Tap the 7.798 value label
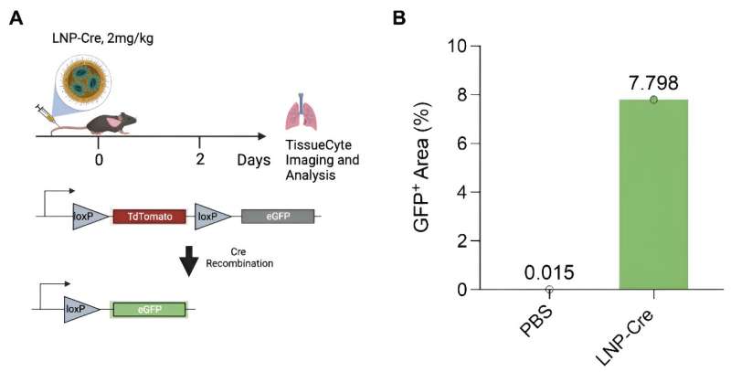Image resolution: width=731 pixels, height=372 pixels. [x=652, y=82]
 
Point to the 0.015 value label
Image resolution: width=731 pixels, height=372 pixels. [x=549, y=271]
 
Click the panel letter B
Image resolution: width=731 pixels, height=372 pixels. [x=399, y=17]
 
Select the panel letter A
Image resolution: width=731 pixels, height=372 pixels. [x=16, y=17]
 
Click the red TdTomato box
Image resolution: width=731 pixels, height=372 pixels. [x=149, y=217]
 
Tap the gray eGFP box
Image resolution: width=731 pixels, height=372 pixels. [x=278, y=217]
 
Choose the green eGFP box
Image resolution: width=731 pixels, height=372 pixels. [x=149, y=308]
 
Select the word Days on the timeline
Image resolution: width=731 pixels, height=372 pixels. [x=252, y=160]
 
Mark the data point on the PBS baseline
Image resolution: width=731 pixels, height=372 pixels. [x=549, y=289]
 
